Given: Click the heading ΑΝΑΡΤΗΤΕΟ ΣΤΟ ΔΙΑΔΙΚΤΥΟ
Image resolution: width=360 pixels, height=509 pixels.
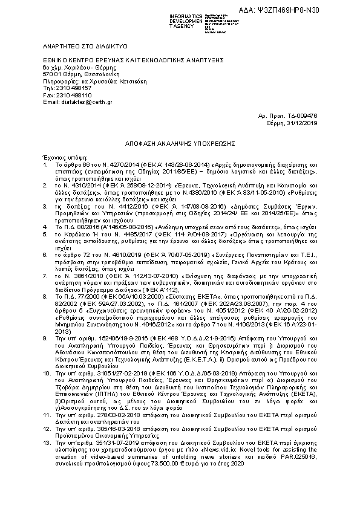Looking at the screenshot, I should click(78, 45).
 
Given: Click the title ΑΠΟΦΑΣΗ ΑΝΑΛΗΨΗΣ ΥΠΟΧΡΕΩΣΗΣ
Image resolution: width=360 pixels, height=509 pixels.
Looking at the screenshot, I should click(180, 138).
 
